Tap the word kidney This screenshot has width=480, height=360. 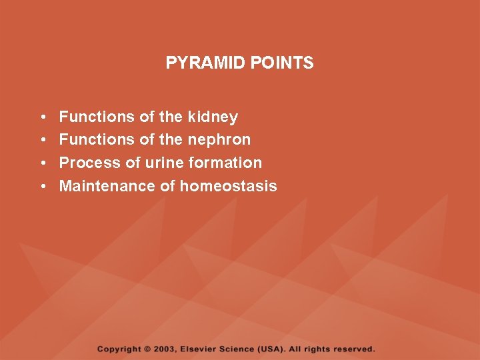coord(213,117)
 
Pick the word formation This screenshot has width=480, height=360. coord(225,163)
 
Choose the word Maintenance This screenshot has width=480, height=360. coord(107,186)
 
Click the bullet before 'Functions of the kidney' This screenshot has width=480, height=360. coord(42,118)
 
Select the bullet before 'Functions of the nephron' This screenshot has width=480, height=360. coord(42,141)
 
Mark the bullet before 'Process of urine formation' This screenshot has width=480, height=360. coord(42,163)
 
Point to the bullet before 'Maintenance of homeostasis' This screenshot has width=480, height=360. coord(42,187)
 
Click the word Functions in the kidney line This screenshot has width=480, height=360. coord(97,117)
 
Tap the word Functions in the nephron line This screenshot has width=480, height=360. coord(97,140)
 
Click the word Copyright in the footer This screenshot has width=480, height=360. coord(119,349)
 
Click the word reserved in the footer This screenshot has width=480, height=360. coord(355,349)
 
